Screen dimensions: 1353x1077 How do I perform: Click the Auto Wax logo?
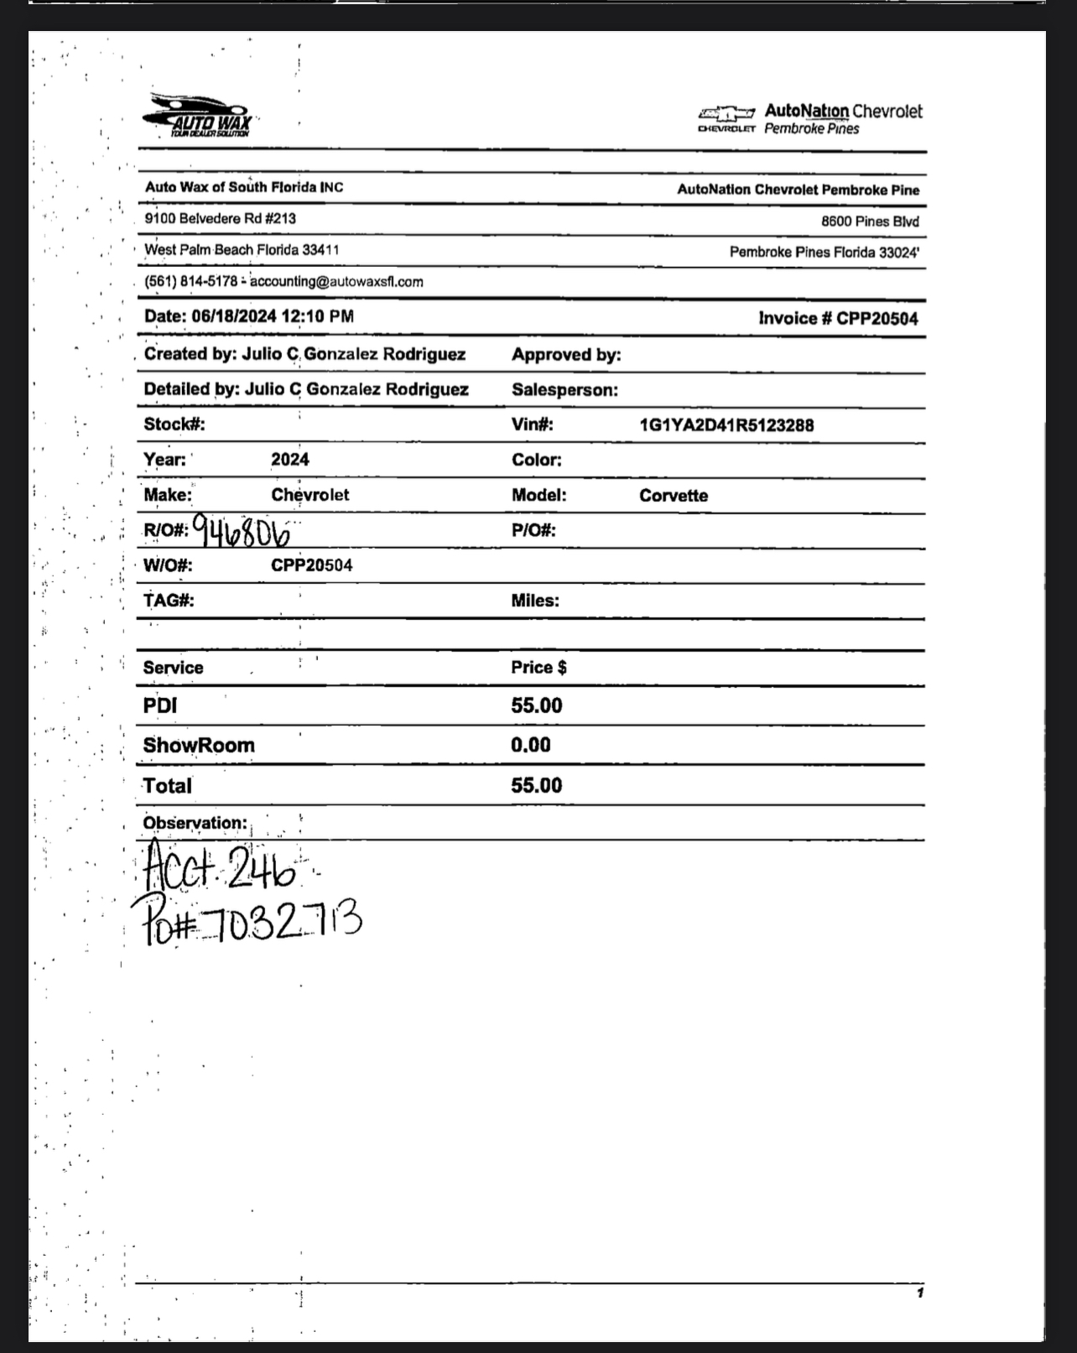(x=198, y=116)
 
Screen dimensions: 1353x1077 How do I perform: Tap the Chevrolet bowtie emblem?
(x=726, y=112)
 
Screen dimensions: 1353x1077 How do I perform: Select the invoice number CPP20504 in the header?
(x=877, y=319)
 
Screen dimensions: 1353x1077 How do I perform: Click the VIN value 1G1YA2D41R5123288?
(x=726, y=425)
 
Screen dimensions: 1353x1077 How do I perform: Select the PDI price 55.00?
(x=536, y=705)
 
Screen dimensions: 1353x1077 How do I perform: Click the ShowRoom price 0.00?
(x=530, y=745)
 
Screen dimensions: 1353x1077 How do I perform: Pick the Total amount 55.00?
(x=536, y=785)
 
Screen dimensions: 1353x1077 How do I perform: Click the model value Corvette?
(x=673, y=496)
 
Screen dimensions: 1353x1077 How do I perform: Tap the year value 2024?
(x=289, y=460)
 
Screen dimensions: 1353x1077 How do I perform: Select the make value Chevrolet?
(x=310, y=495)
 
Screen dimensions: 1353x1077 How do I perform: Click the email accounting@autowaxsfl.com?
(x=336, y=282)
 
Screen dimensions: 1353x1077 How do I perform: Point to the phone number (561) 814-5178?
(x=190, y=282)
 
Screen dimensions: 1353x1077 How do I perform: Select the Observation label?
(x=195, y=823)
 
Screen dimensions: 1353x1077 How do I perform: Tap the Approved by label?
(x=566, y=355)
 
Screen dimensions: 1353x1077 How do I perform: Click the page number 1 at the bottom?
(x=919, y=1293)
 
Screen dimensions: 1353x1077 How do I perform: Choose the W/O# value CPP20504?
(x=311, y=565)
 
